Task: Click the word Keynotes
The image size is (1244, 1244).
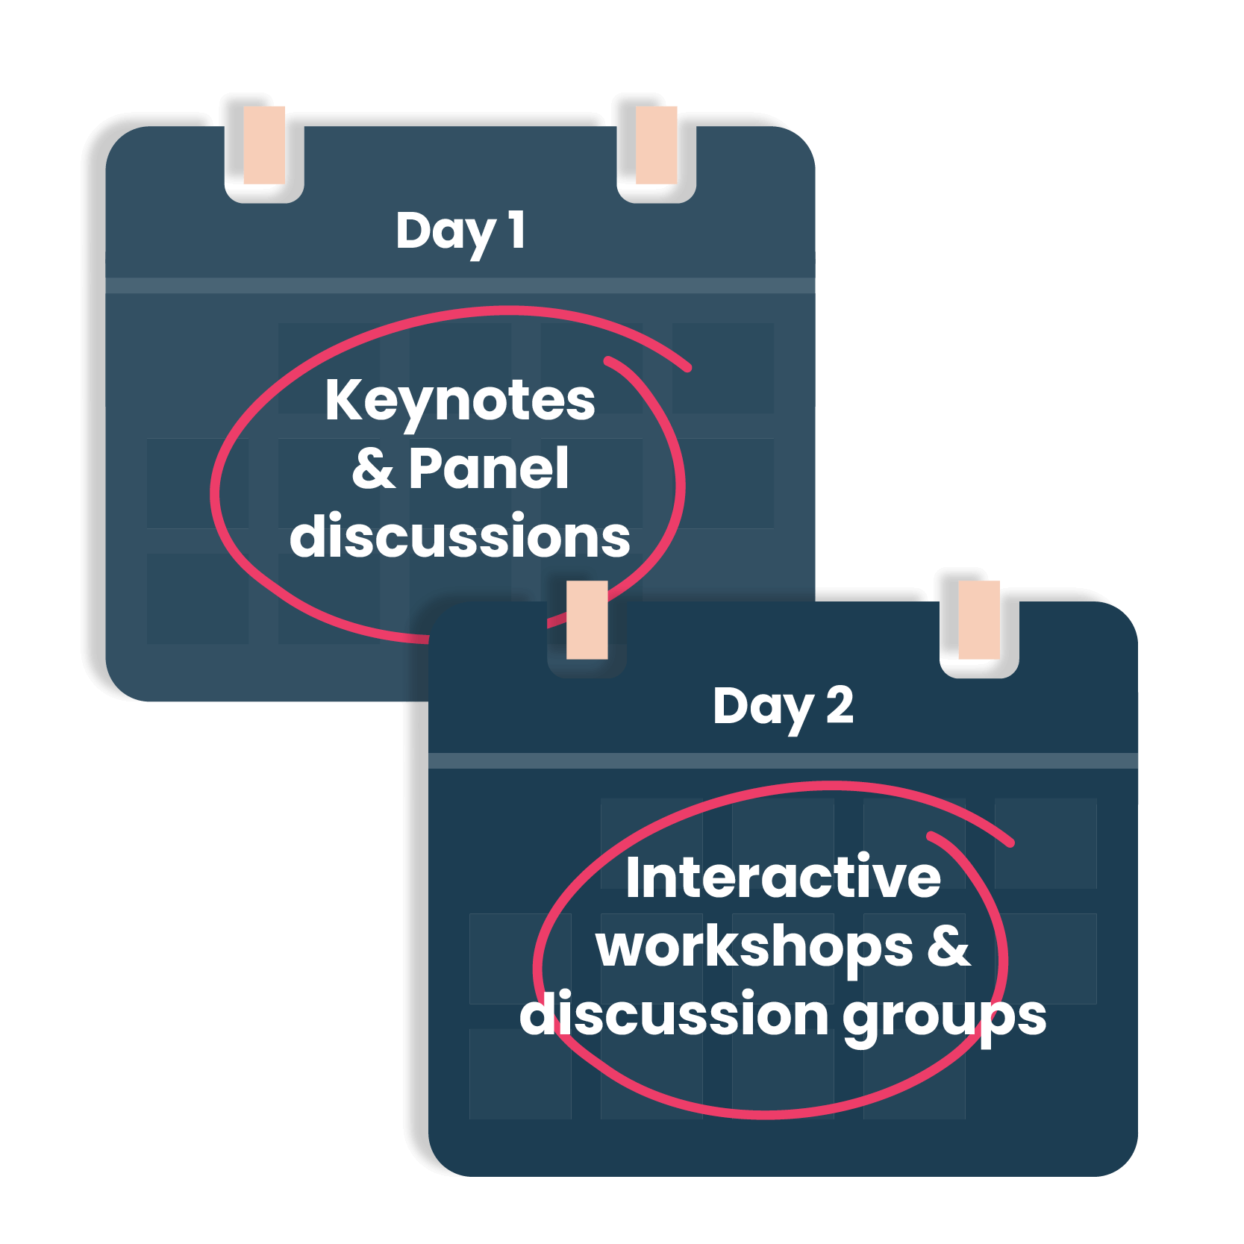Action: pos(460,401)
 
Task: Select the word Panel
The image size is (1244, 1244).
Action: pos(489,469)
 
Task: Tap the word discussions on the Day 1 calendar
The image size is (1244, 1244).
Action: pos(460,536)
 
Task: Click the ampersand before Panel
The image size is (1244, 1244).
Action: pos(373,469)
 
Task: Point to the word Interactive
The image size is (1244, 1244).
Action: pos(783,878)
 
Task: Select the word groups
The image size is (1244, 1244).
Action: pos(944,1016)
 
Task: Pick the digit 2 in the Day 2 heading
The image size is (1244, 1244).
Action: pos(840,705)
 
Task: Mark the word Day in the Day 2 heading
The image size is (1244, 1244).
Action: pos(763,707)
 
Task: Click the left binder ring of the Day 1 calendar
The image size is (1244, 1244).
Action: pos(264,146)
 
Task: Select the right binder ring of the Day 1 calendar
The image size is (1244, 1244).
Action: pos(657,146)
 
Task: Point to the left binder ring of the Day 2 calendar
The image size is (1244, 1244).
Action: pos(587,620)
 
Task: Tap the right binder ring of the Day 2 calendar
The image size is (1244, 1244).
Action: pos(979,620)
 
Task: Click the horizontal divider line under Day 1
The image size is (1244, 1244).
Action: pos(460,286)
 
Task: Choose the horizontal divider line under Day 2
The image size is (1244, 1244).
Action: pos(783,761)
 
